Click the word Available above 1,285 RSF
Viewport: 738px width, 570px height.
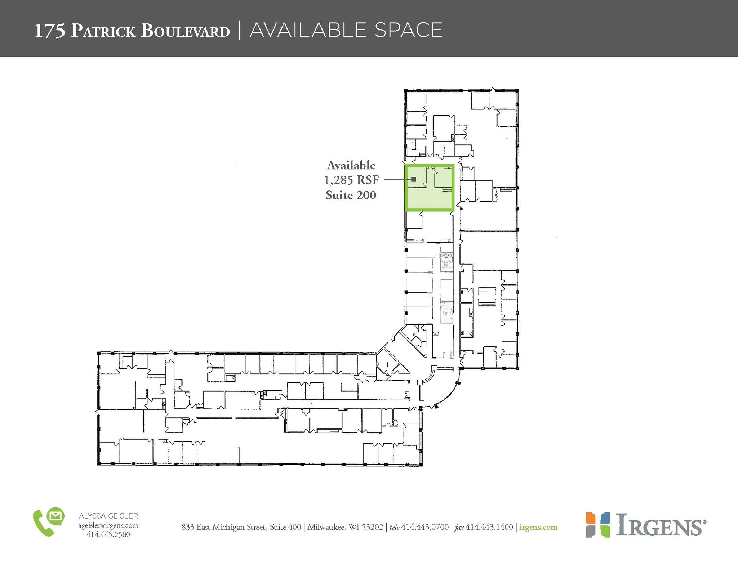(351, 165)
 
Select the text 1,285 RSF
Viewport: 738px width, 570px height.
(351, 180)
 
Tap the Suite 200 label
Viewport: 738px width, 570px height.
(351, 195)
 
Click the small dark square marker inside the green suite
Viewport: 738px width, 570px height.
(414, 179)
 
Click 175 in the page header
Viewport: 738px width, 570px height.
(50, 31)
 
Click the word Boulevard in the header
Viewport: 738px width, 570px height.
(185, 31)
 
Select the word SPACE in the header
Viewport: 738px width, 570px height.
(408, 30)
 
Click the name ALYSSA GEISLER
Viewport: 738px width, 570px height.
(108, 516)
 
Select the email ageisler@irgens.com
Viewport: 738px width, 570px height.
(108, 525)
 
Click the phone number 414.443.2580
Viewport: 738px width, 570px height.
(108, 534)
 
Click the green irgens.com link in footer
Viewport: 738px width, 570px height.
(538, 527)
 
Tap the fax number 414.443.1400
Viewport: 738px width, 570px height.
(489, 527)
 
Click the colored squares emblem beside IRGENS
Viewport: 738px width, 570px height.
(597, 525)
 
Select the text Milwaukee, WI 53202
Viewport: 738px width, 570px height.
(345, 527)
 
